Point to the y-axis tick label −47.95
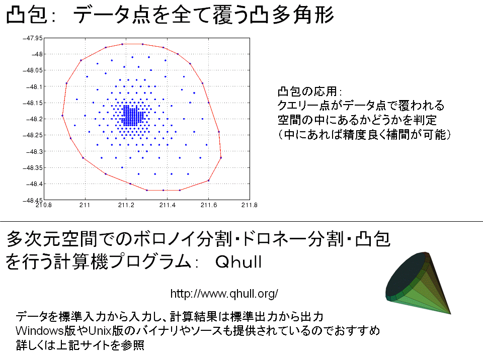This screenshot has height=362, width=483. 32,38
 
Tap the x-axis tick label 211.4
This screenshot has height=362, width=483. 167,205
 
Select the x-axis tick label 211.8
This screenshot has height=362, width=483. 249,205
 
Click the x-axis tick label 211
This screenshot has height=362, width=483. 85,205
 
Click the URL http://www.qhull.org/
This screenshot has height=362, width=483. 224,294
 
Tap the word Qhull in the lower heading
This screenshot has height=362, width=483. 238,262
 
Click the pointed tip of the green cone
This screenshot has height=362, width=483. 450,314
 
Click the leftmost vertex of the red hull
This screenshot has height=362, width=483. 62,116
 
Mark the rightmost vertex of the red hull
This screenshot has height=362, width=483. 221,157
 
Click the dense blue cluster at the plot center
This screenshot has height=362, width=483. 132,116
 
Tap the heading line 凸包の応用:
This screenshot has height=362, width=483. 309,92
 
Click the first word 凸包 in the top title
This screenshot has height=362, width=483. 27,14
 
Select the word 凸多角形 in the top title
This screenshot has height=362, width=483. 292,14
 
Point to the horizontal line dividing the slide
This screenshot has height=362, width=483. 242,221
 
